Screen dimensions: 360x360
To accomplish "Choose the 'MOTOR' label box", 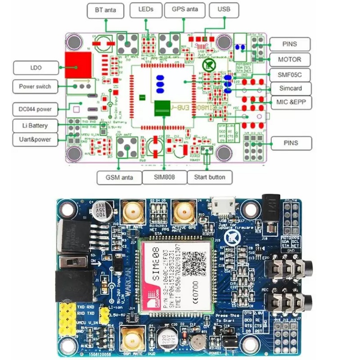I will tap(289, 59).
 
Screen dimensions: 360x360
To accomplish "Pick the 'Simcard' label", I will tap(289, 88).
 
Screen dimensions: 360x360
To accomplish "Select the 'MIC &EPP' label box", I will tap(289, 102).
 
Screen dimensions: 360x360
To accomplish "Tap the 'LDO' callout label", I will tap(36, 68).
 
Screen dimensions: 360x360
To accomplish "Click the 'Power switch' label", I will tap(35, 86).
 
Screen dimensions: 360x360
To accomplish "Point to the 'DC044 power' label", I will tap(35, 109).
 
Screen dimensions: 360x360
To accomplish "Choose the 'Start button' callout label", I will tap(209, 177).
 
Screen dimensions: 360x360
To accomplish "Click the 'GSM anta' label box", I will tap(119, 177).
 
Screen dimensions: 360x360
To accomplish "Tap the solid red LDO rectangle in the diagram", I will tap(77, 65).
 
